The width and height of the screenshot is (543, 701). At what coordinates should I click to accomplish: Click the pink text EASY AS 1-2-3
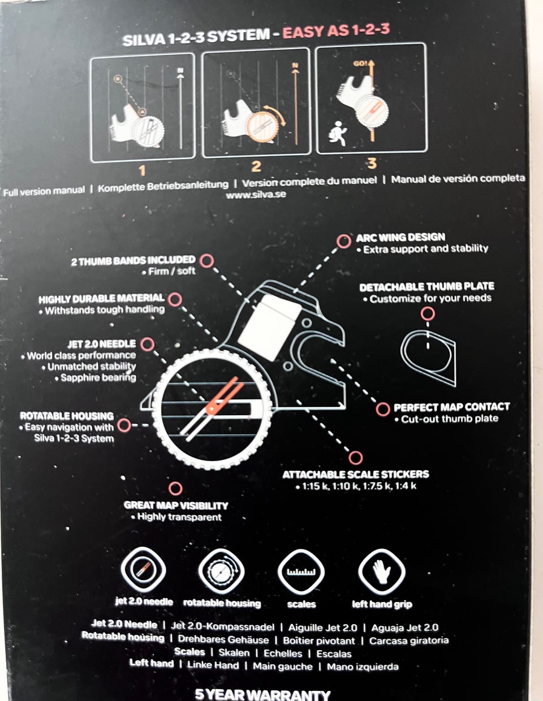[336, 31]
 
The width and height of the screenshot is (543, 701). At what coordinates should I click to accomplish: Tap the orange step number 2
[256, 166]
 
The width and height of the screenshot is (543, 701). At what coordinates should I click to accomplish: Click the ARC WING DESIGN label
[400, 238]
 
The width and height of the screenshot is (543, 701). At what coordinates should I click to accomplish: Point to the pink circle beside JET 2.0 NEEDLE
[148, 344]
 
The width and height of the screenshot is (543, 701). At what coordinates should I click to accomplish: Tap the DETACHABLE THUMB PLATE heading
[426, 287]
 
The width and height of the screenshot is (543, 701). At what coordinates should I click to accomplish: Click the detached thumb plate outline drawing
[428, 358]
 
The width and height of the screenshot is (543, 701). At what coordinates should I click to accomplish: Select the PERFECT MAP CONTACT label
[452, 407]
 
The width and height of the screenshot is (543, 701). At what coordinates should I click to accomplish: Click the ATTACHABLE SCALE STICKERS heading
[356, 474]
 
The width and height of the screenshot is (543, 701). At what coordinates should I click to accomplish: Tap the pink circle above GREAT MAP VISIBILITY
[175, 489]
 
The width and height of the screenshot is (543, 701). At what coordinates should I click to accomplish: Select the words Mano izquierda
[363, 666]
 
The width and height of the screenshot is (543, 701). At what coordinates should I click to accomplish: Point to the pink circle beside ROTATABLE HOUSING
[124, 425]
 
